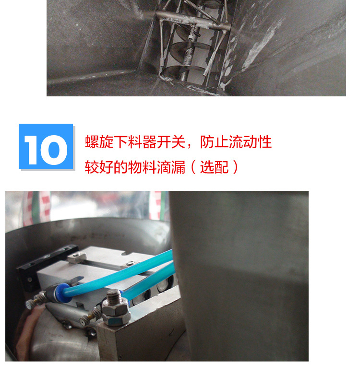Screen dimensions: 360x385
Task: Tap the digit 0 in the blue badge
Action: tap(54, 150)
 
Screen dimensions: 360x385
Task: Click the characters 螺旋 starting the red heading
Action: tap(99, 142)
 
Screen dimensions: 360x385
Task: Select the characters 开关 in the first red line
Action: tap(171, 142)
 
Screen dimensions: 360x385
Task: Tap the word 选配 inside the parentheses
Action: tap(214, 167)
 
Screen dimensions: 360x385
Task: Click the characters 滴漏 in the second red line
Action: tap(171, 167)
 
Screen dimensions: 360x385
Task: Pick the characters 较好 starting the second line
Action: tap(99, 167)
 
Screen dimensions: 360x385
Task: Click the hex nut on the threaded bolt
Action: tap(116, 312)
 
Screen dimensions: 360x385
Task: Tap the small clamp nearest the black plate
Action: tap(77, 257)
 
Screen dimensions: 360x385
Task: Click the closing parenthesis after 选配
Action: tap(235, 167)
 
